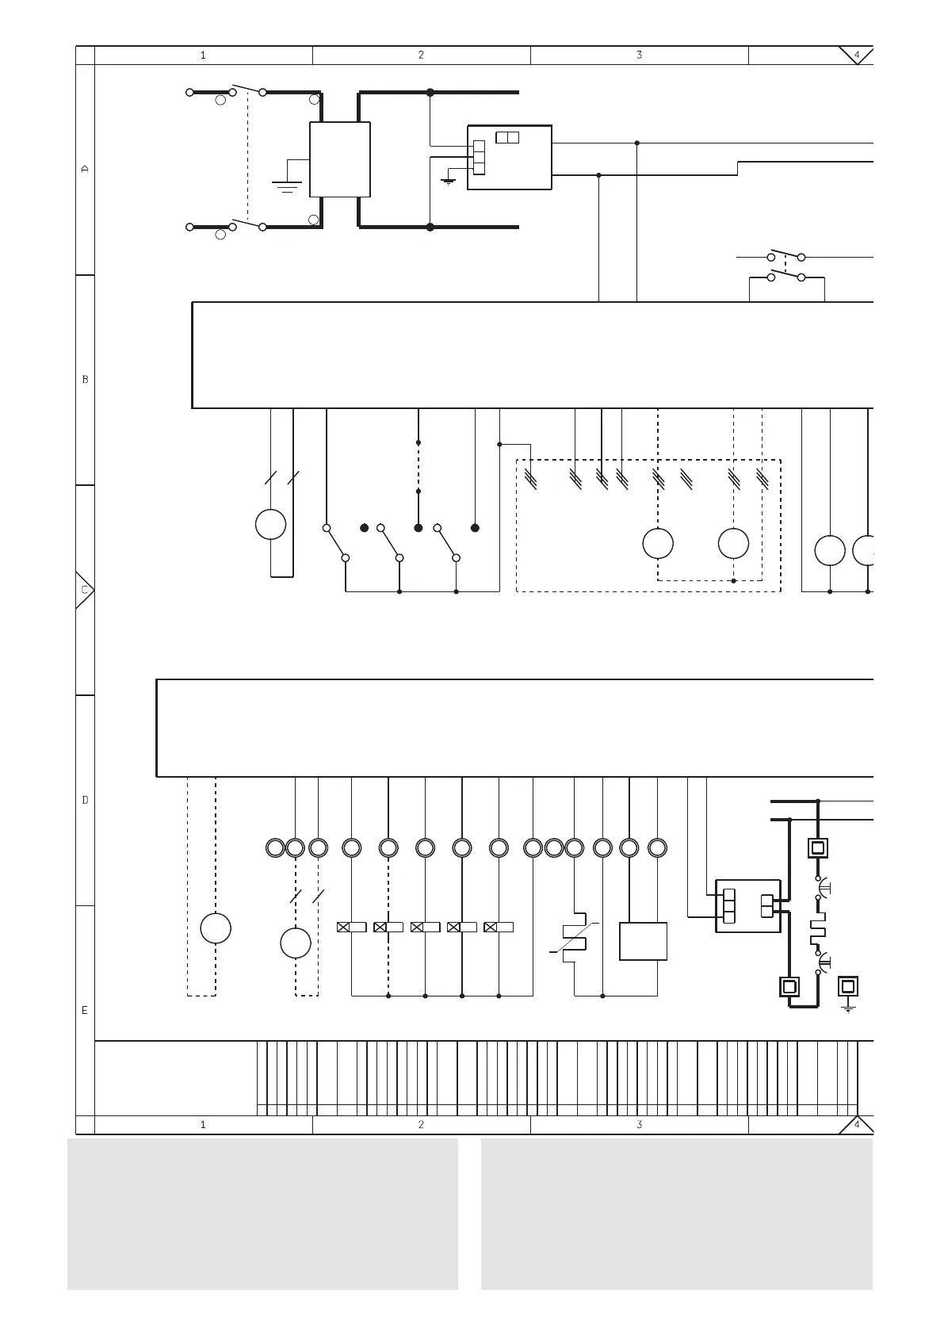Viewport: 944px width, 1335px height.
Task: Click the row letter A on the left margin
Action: pyautogui.click(x=85, y=169)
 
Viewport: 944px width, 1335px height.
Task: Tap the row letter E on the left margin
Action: pyautogui.click(x=85, y=1011)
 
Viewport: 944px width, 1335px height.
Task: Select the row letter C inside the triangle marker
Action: pyautogui.click(x=84, y=590)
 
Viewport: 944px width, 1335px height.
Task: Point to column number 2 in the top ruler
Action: pyautogui.click(x=421, y=55)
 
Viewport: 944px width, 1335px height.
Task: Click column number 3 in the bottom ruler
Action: pyautogui.click(x=639, y=1124)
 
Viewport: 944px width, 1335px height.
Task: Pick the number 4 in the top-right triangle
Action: pyautogui.click(x=856, y=55)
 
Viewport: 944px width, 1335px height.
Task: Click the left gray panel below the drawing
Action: pyautogui.click(x=262, y=1214)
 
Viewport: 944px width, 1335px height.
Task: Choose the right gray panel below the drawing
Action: pyautogui.click(x=676, y=1214)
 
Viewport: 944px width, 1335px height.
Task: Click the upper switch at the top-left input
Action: pyautogui.click(x=247, y=89)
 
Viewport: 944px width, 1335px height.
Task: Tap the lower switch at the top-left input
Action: pyautogui.click(x=247, y=224)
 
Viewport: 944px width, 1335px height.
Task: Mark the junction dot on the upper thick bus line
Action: pyautogui.click(x=430, y=93)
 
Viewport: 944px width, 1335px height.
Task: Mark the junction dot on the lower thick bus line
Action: pyautogui.click(x=430, y=227)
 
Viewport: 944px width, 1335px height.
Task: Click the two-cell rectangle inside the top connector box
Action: pyautogui.click(x=507, y=138)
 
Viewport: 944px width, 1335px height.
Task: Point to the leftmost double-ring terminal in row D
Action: pyautogui.click(x=275, y=848)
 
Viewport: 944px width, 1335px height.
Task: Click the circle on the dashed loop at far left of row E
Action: pyautogui.click(x=216, y=928)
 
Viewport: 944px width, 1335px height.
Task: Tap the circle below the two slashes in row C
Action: pyautogui.click(x=270, y=524)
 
